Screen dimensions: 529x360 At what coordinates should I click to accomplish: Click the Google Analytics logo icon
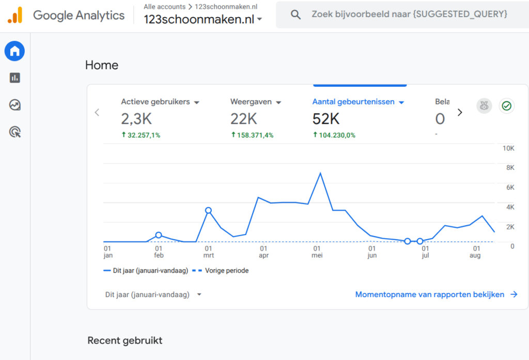15,15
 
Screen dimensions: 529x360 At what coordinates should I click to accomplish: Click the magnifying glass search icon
295,14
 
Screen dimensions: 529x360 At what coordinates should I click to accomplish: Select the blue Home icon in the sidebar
14,51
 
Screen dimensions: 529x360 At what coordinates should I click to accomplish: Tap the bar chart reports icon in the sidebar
15,78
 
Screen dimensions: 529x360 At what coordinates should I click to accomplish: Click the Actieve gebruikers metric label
155,102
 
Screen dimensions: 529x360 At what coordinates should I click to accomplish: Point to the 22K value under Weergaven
244,119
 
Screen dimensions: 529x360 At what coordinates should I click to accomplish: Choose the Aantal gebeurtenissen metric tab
353,102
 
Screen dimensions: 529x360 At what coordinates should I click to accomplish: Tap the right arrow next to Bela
460,113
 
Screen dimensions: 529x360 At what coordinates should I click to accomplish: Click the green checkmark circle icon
506,106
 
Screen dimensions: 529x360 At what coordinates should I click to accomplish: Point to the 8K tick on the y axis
510,168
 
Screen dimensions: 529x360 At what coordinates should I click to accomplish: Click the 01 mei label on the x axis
317,252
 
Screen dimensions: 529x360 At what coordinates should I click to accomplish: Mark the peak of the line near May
320,174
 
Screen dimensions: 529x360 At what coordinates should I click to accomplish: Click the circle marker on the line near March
209,211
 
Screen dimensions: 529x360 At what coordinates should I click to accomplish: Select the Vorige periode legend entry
220,271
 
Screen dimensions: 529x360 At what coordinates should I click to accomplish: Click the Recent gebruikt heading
125,340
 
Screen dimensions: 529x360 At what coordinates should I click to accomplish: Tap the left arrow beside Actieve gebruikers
97,113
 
